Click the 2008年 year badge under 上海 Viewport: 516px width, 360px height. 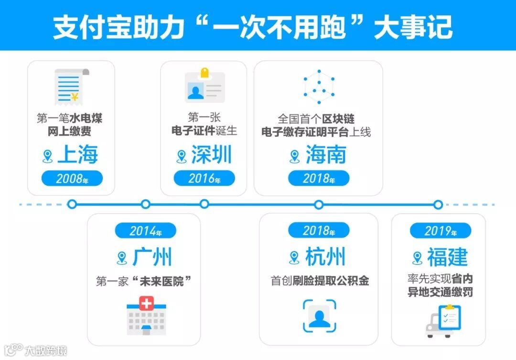click(72, 179)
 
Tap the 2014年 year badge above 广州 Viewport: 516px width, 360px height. click(145, 231)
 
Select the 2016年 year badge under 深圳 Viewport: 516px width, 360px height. click(204, 179)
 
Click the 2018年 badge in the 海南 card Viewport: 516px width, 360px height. click(319, 179)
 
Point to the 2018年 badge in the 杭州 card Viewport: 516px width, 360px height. click(319, 231)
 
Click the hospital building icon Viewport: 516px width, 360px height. click(146, 316)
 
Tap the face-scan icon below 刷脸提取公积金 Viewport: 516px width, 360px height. click(319, 316)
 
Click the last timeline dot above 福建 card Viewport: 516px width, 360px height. click(438, 205)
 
